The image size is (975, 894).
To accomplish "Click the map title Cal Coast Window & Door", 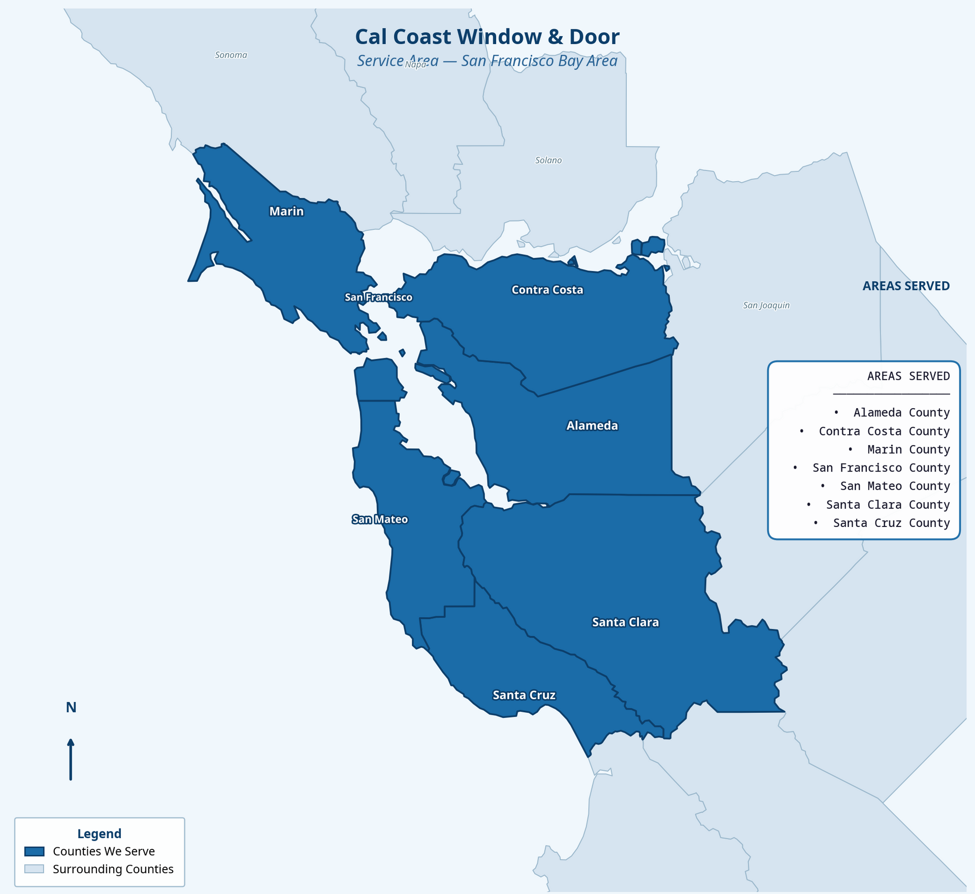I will (x=487, y=37).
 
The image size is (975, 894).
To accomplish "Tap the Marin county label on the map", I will (x=286, y=211).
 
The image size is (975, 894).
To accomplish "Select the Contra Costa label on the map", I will (x=547, y=290).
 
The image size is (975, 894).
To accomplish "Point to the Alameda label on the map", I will (x=592, y=425).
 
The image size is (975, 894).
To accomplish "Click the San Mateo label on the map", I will (x=380, y=519).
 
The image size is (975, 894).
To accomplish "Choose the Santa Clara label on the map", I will (x=625, y=622).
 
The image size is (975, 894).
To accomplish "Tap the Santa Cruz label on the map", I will (x=524, y=695).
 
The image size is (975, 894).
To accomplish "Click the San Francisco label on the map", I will (x=378, y=297).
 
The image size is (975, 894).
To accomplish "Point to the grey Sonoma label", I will (x=231, y=55).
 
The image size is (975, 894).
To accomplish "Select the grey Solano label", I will (x=548, y=160).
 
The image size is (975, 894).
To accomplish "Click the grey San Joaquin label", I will (x=766, y=305).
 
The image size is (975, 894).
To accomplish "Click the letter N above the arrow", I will (x=71, y=707).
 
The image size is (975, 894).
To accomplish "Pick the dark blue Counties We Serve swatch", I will (x=35, y=851).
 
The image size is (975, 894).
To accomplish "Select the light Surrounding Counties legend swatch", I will (x=35, y=869).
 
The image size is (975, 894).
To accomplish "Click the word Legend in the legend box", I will (x=99, y=834).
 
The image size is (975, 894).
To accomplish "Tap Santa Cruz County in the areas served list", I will (x=891, y=523).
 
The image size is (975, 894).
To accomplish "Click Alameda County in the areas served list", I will (x=901, y=413).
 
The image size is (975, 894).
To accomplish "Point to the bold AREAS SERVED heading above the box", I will (x=906, y=286).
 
